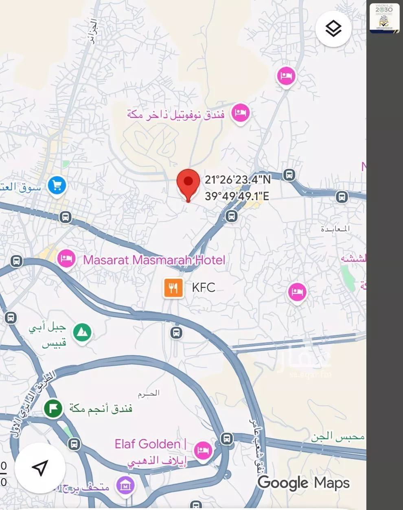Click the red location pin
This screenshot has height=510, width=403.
click(x=188, y=183)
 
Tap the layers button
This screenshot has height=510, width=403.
click(x=333, y=28)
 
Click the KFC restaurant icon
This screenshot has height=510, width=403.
click(x=173, y=288)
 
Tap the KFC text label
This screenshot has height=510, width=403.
click(x=203, y=287)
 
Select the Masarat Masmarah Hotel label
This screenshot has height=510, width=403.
click(x=154, y=260)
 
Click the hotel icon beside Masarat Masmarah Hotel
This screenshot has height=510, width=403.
click(x=66, y=258)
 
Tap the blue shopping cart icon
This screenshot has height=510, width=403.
click(x=57, y=186)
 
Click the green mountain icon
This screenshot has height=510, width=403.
click(x=83, y=333)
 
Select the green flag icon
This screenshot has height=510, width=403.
click(x=53, y=408)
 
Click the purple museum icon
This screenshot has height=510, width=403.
click(x=125, y=485)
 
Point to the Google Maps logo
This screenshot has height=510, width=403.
click(x=303, y=483)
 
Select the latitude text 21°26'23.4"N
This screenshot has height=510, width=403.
click(x=238, y=179)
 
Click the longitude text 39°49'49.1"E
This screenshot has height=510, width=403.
click(x=237, y=196)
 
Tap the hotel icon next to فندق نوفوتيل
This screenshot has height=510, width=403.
click(x=240, y=113)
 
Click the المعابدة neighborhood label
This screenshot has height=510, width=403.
click(x=335, y=229)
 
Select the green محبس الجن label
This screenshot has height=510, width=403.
click(x=338, y=437)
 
